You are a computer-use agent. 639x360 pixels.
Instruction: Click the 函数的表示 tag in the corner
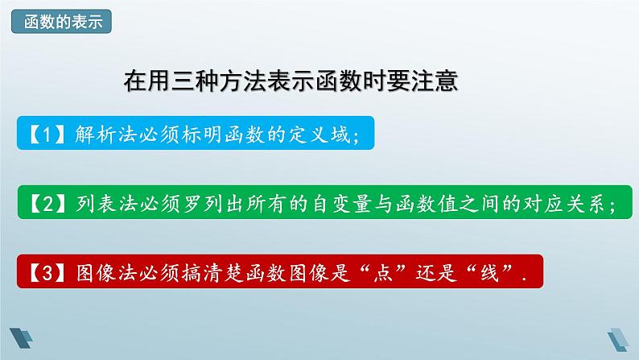pyautogui.click(x=61, y=22)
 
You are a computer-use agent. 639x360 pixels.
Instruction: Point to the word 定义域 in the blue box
pyautogui.click(x=324, y=135)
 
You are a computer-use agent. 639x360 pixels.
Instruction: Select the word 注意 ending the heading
pyautogui.click(x=434, y=81)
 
